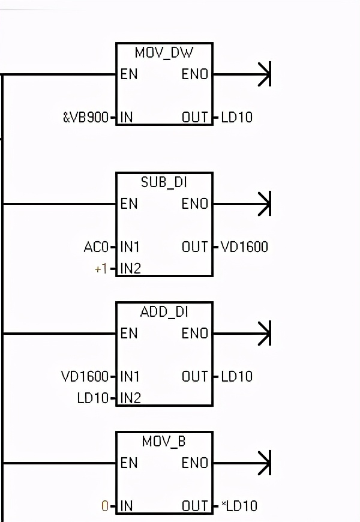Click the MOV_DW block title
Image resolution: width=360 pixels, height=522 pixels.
164,53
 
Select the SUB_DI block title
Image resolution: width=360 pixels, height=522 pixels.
164,182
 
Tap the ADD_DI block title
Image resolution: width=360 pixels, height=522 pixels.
164,312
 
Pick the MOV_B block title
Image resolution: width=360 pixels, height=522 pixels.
164,442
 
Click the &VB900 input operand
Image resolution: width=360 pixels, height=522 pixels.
86,118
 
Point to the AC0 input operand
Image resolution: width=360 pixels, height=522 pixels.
96,247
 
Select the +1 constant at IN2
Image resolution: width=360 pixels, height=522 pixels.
101,269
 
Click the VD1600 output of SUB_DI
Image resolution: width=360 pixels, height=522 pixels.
244,247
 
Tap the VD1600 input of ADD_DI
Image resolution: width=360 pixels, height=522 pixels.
85,377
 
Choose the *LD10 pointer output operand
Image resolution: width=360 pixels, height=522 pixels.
239,506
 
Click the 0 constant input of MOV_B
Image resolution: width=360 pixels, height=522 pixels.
105,506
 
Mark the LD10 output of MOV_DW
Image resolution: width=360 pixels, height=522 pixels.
236,118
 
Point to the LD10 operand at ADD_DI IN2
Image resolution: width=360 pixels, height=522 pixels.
93,398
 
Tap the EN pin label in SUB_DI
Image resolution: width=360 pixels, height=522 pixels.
128,204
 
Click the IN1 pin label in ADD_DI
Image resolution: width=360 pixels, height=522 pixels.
130,377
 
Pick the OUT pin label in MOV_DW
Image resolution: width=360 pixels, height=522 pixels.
195,118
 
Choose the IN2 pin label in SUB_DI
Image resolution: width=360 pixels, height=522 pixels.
130,269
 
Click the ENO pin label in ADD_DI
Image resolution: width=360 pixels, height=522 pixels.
195,334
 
